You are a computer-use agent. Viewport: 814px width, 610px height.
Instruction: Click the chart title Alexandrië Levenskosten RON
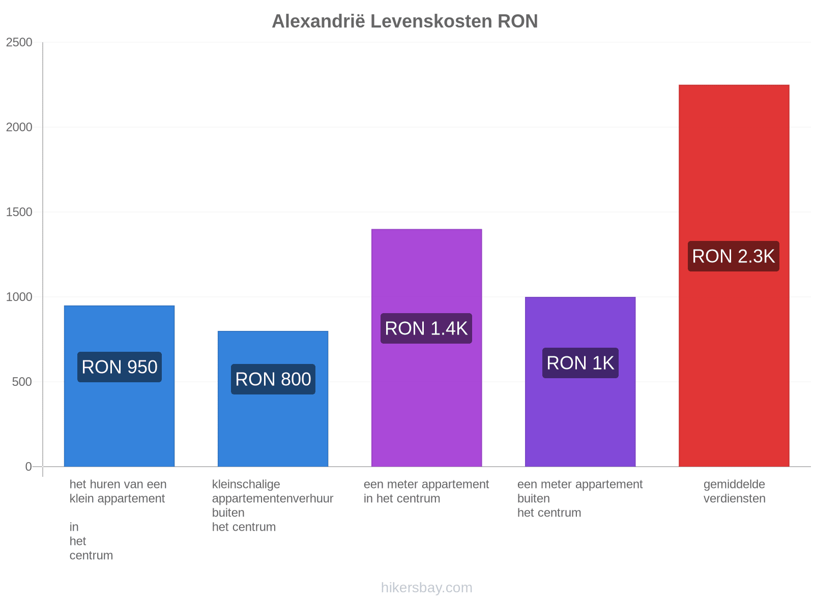(x=404, y=21)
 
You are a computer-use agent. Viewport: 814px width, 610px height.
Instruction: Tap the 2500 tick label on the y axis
(x=19, y=42)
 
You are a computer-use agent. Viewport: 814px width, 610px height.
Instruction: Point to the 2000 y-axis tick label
(x=19, y=127)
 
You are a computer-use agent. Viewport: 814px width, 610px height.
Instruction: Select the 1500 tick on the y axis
(x=19, y=212)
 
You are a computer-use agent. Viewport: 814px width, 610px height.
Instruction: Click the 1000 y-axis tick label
(x=19, y=297)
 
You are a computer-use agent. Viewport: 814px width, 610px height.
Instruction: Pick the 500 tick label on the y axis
(x=22, y=381)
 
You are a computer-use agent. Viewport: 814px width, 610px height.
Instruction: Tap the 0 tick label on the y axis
(x=28, y=466)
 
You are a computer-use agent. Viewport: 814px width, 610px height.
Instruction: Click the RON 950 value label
(x=120, y=367)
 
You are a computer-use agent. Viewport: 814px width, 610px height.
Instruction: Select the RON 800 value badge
(x=273, y=379)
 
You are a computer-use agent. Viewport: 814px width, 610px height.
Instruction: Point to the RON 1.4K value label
(x=426, y=328)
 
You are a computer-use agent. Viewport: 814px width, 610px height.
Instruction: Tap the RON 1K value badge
(x=580, y=363)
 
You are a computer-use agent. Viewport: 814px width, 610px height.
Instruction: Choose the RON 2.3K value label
(x=733, y=256)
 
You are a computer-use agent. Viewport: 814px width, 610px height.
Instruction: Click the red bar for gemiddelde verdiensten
(x=734, y=276)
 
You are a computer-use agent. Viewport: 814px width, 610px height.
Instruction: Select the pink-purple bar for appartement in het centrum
(x=426, y=348)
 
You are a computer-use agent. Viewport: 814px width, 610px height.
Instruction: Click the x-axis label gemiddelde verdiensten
(x=734, y=491)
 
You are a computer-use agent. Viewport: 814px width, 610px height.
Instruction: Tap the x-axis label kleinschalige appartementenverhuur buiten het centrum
(x=273, y=505)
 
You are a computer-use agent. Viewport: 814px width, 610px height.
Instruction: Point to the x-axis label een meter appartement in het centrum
(x=426, y=491)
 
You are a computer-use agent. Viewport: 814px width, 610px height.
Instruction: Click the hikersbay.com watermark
(x=426, y=588)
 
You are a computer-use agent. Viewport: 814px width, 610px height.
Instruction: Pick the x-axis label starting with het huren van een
(x=118, y=519)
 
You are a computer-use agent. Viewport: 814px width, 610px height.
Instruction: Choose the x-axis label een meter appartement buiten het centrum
(x=579, y=498)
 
